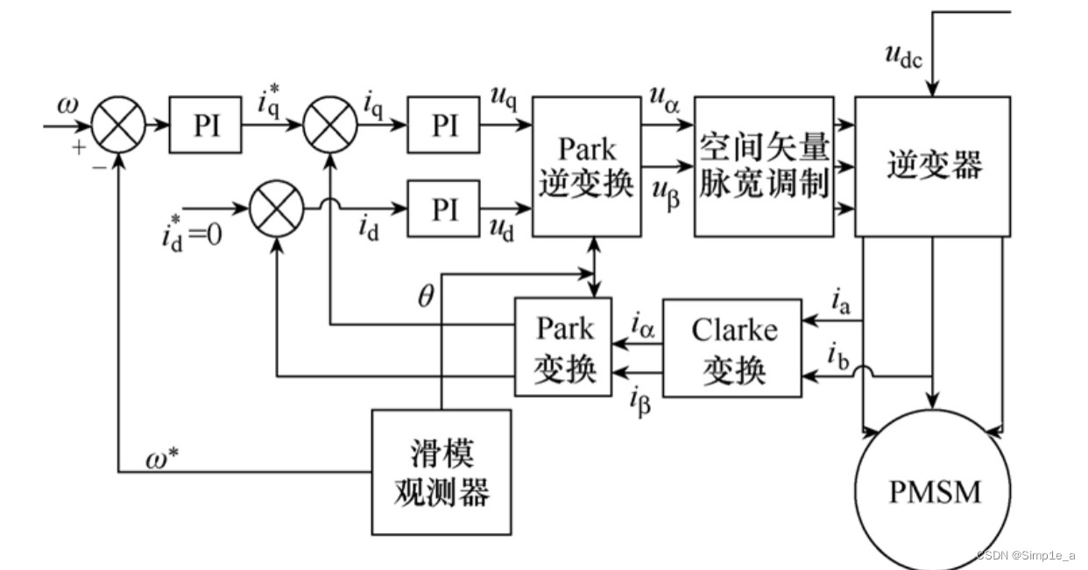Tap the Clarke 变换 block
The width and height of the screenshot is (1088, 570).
732,348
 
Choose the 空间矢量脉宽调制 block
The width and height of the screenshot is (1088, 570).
764,166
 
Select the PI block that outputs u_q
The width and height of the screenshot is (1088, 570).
443,125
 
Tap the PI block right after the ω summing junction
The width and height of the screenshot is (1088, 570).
205,125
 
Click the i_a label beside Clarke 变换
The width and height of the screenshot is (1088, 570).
838,304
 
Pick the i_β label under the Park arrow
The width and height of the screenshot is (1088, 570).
640,402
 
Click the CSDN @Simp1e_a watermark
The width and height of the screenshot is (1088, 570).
1024,555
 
